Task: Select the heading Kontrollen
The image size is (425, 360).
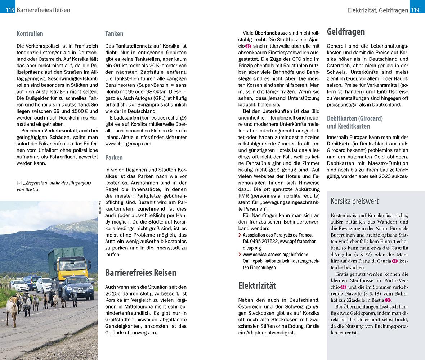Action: tap(30, 34)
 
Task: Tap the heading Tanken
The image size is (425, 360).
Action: tap(114, 34)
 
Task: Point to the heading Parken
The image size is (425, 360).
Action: tap(114, 157)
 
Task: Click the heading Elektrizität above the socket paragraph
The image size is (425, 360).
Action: tap(257, 285)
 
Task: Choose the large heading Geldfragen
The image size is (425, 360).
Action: tap(346, 32)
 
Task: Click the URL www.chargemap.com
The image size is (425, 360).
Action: tap(129, 144)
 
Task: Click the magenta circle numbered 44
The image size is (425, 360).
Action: tap(343, 287)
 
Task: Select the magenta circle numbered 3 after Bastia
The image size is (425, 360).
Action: tap(387, 300)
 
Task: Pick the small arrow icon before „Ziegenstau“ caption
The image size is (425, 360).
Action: tap(19, 183)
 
